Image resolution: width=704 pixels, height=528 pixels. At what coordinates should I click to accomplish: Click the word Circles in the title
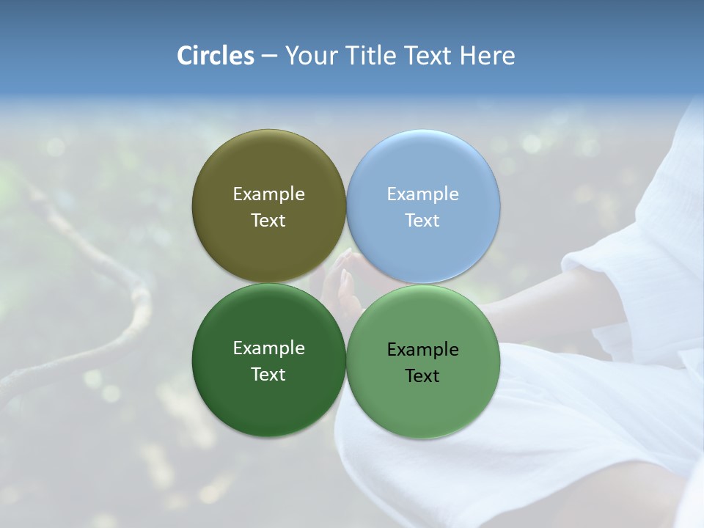click(216, 56)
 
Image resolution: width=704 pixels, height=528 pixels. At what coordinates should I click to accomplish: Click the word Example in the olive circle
click(268, 194)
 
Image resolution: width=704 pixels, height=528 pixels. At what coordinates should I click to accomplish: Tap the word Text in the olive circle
click(268, 221)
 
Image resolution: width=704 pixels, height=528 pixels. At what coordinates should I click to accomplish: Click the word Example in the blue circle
click(423, 194)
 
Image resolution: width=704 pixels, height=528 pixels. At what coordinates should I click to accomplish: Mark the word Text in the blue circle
click(423, 221)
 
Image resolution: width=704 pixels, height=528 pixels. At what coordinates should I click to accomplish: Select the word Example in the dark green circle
click(268, 348)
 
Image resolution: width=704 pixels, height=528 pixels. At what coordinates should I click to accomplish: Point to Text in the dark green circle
click(268, 375)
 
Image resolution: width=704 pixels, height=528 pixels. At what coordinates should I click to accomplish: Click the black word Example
click(423, 350)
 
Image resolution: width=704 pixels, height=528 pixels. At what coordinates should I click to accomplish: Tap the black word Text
click(423, 376)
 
